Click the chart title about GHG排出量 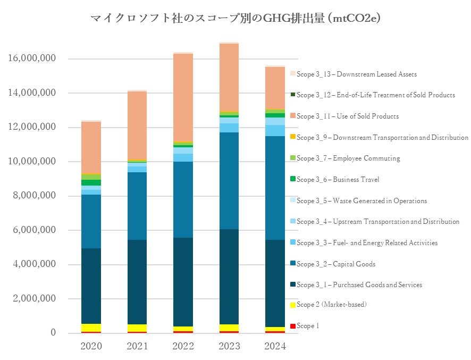click(x=235, y=19)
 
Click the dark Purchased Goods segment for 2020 click(x=91, y=286)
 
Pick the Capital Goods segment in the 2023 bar click(x=229, y=181)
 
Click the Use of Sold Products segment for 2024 click(x=275, y=88)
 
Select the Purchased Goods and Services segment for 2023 click(x=229, y=277)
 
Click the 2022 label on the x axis click(x=183, y=346)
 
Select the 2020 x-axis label click(x=91, y=346)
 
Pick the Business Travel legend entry click(x=338, y=180)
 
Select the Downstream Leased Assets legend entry click(x=356, y=74)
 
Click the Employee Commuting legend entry click(x=348, y=158)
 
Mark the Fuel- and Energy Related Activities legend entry click(x=367, y=243)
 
